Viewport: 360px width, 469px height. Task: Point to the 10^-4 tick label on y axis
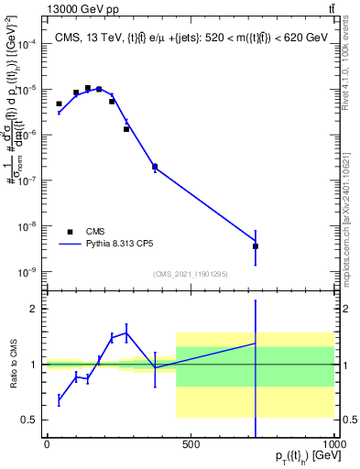28,44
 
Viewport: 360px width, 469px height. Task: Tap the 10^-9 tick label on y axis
28,272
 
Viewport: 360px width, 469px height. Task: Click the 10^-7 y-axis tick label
28,180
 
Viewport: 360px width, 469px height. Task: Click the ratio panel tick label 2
35,309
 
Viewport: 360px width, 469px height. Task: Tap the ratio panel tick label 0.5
31,420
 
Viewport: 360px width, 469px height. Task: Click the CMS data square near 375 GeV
155,167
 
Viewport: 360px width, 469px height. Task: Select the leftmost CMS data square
60,104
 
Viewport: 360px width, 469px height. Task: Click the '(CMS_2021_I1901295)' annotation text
190,274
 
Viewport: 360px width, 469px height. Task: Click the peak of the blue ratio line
126,333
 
